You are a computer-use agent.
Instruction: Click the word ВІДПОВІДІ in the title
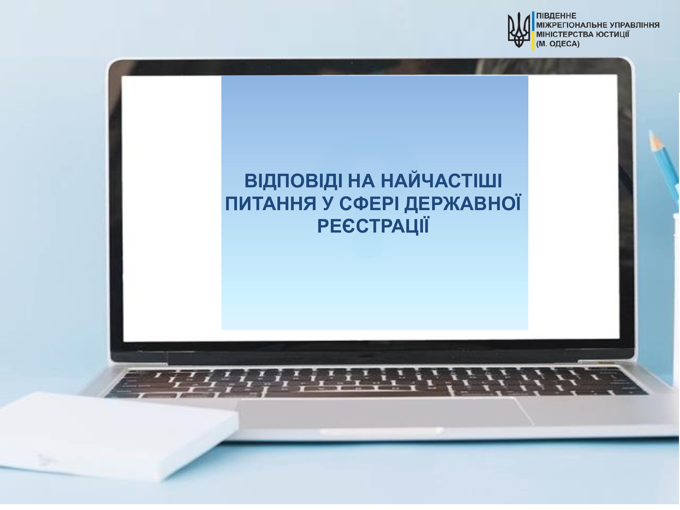(x=293, y=181)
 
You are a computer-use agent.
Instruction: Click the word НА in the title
(x=361, y=181)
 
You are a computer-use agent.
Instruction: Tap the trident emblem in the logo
(x=519, y=30)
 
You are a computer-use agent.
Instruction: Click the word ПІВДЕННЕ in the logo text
(x=556, y=16)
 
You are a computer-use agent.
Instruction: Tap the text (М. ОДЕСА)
(x=558, y=44)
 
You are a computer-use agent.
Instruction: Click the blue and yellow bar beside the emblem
(x=533, y=31)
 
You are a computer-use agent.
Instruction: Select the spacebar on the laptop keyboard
(x=357, y=388)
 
